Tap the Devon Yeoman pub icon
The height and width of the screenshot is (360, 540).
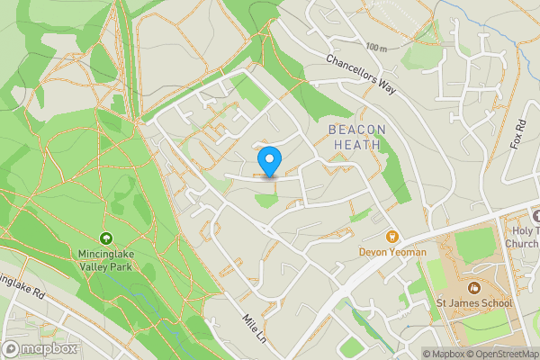pos(391,237)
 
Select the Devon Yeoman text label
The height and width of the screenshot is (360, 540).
pos(394,252)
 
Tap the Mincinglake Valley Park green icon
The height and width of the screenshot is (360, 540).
pos(106,238)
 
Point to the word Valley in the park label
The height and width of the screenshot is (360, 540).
pos(90,266)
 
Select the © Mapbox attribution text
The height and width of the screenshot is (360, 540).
pos(442,354)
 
